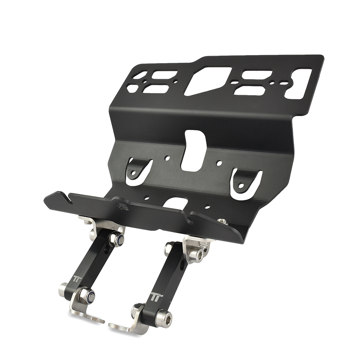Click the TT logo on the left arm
(76, 279)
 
